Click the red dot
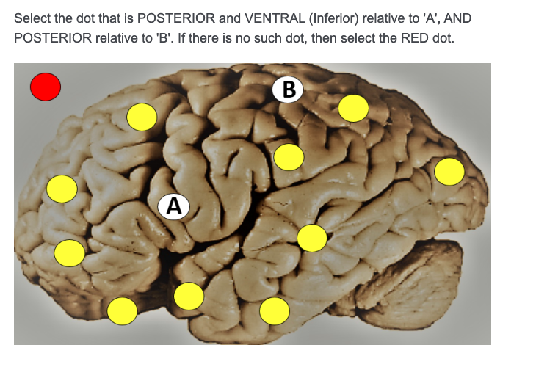point(45,87)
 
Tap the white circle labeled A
point(173,206)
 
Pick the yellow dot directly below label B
point(289,157)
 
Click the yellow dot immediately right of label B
point(353,109)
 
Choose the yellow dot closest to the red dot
point(142,117)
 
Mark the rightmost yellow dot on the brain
point(449,172)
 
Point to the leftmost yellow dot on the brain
point(62,189)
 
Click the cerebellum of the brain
point(433,283)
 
